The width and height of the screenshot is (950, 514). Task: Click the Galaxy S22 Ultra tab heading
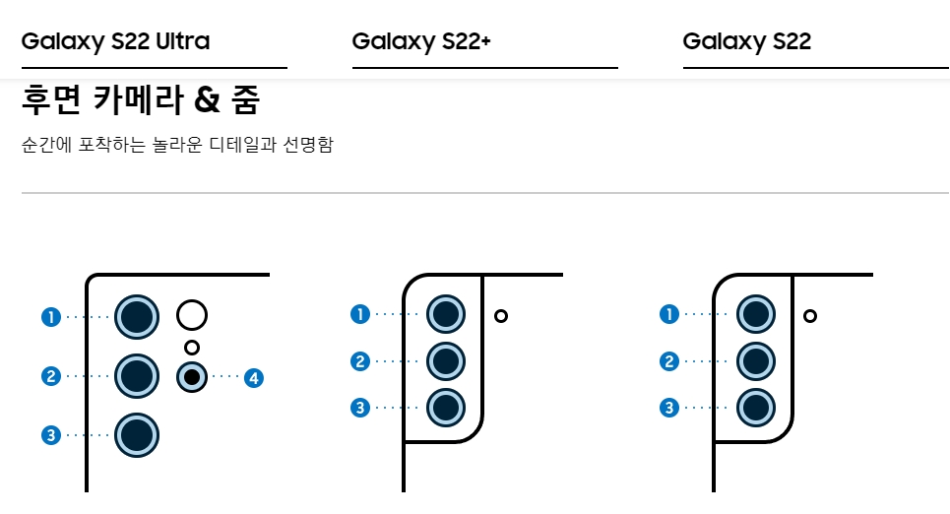click(x=115, y=41)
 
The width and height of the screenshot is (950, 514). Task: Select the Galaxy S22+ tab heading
click(x=420, y=41)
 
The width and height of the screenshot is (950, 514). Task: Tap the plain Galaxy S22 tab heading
click(x=746, y=41)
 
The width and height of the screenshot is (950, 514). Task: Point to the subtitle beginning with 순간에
click(x=177, y=146)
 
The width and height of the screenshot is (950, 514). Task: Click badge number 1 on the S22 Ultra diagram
click(x=51, y=317)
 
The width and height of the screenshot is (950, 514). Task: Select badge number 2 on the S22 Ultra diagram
click(x=51, y=375)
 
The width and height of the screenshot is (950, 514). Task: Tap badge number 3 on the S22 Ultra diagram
click(x=51, y=434)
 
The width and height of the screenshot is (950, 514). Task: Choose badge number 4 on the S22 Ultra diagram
click(x=254, y=377)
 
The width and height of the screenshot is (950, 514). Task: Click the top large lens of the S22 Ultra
click(x=137, y=316)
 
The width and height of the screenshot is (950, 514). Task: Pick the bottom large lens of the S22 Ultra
click(x=137, y=434)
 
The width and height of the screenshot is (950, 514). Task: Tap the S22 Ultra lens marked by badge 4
click(x=192, y=377)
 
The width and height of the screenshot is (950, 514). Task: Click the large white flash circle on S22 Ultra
click(x=192, y=315)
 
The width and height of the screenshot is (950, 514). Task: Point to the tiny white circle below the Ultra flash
click(x=192, y=347)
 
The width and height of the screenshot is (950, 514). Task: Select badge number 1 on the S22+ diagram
click(x=360, y=314)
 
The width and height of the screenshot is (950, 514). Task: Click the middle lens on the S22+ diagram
click(x=446, y=360)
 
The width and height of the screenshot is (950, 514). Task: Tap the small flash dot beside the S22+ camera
click(x=501, y=316)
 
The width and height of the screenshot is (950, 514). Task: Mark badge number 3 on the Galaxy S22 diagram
click(x=669, y=408)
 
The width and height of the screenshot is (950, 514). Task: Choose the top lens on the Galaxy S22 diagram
click(x=756, y=315)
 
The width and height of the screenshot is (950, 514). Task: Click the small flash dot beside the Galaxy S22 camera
click(x=809, y=316)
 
